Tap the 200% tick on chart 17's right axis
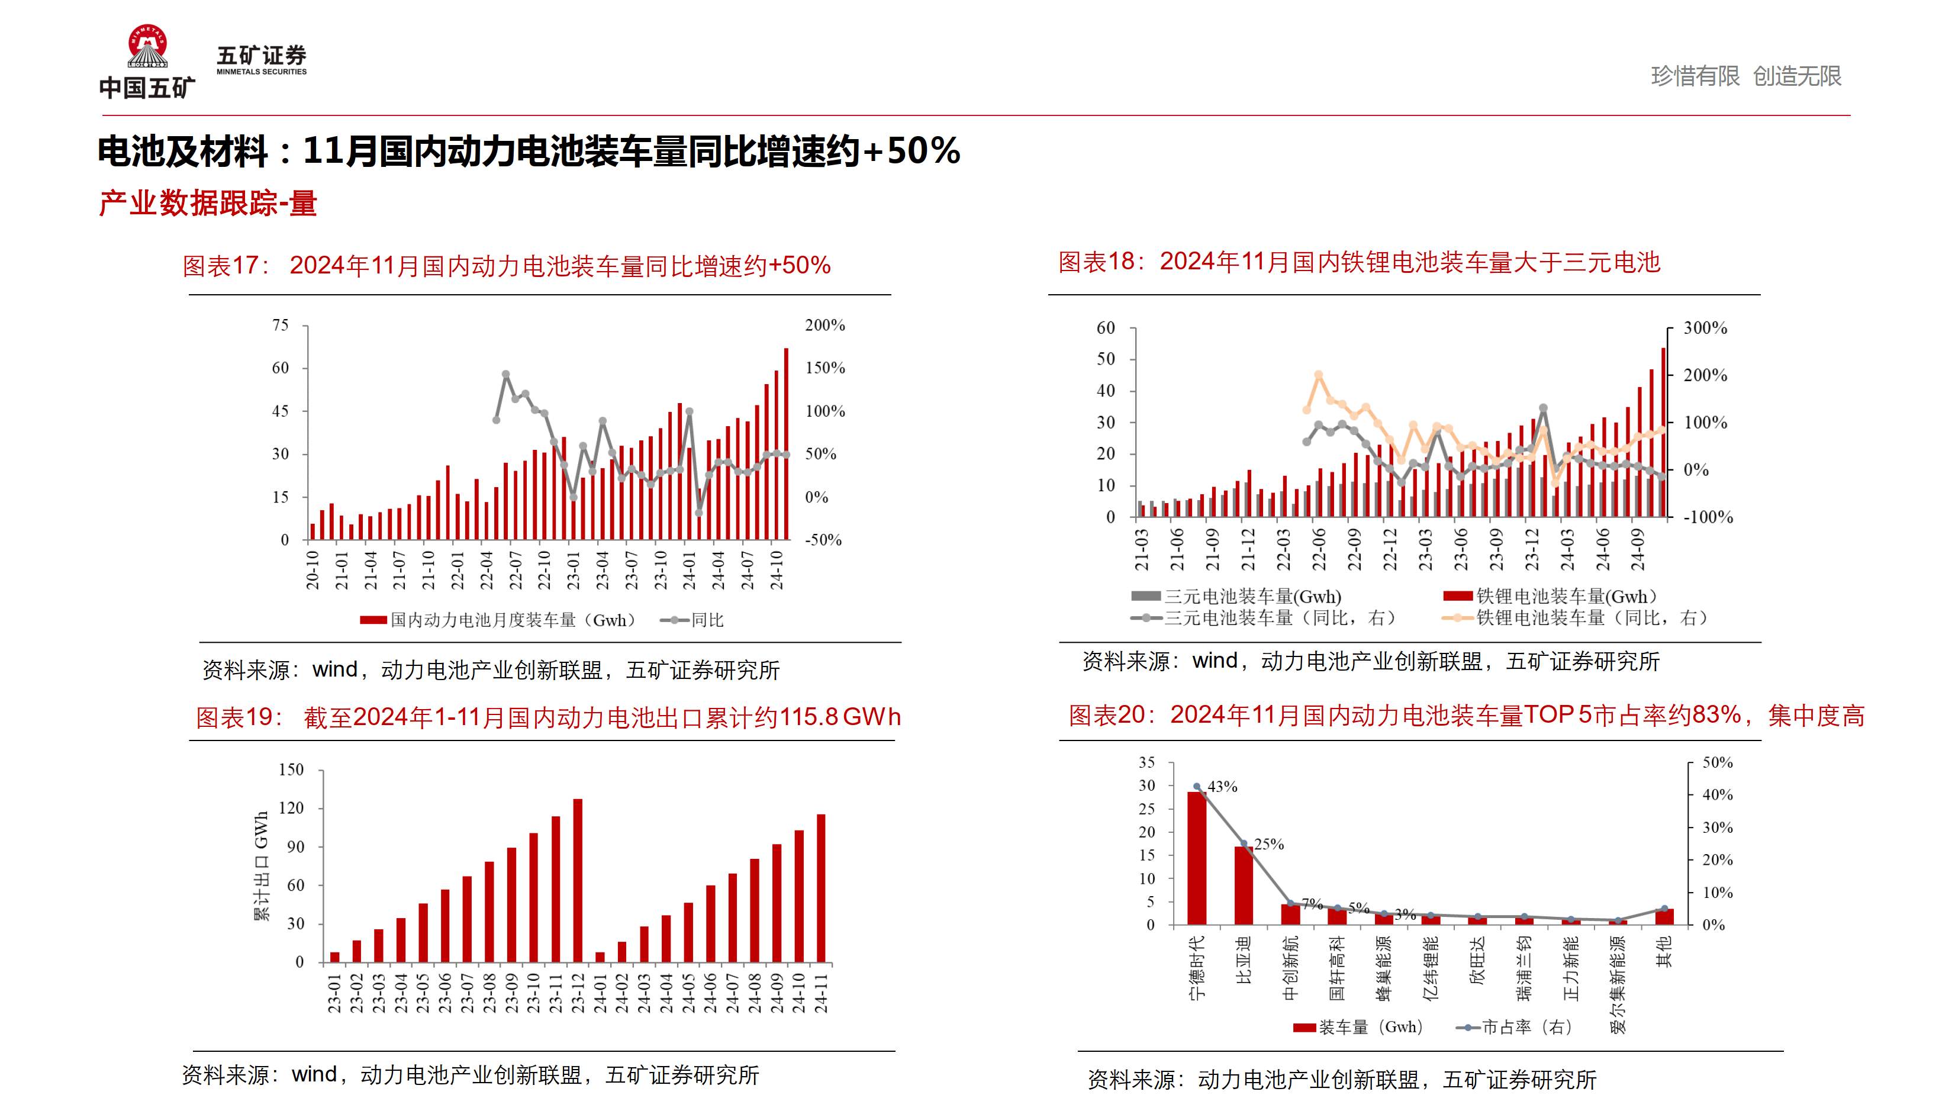824,325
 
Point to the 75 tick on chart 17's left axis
281,325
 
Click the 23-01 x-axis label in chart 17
574,570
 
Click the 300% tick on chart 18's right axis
1705,328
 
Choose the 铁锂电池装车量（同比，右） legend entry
1576,617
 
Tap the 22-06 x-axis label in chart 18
1319,549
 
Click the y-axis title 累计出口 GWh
260,866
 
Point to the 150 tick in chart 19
291,770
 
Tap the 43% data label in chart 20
1222,787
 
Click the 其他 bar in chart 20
1664,917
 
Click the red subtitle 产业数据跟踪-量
208,203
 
